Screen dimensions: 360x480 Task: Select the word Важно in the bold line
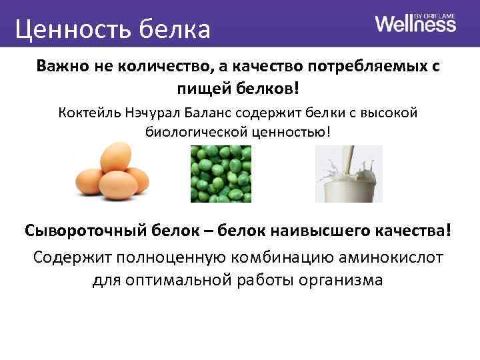61,67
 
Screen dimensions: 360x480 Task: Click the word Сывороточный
88,231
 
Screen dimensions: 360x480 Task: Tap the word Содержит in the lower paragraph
68,256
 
